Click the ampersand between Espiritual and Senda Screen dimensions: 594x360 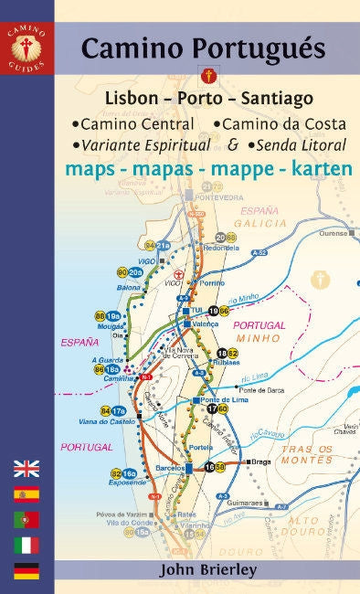pos(235,143)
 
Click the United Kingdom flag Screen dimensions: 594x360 pos(26,470)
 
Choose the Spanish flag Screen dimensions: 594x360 pos(26,495)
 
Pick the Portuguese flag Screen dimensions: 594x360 pos(26,520)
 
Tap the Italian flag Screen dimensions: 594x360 pos(26,546)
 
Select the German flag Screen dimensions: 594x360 pos(26,571)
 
